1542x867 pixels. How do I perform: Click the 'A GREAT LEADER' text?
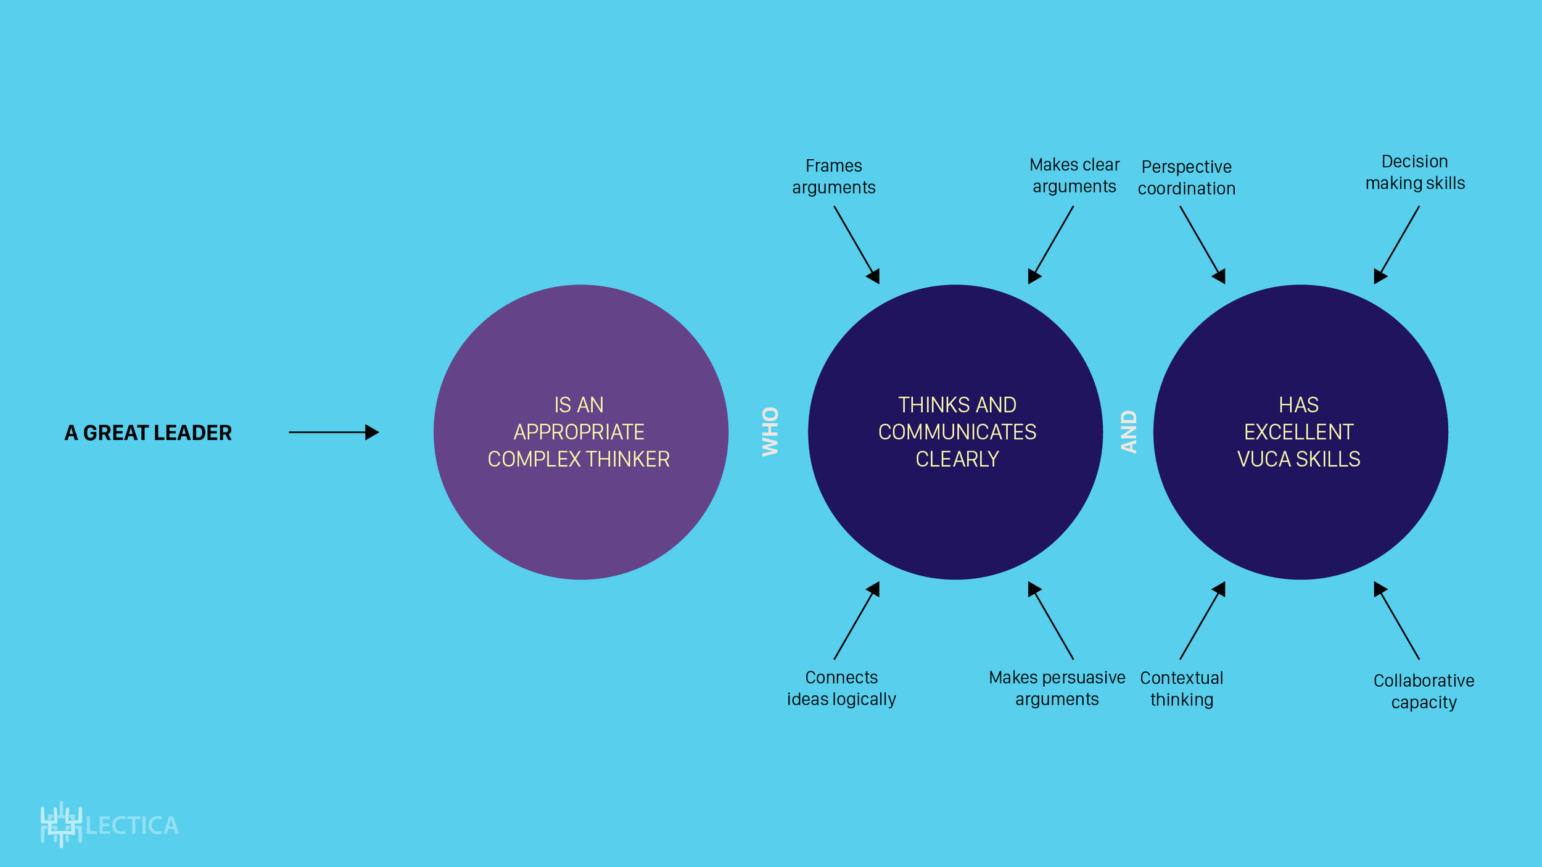pyautogui.click(x=148, y=433)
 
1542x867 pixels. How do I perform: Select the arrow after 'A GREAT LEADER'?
pyautogui.click(x=334, y=432)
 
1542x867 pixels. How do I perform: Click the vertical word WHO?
pyautogui.click(x=770, y=431)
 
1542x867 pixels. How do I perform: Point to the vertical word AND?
pyautogui.click(x=1129, y=431)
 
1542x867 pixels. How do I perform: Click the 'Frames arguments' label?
pyautogui.click(x=833, y=176)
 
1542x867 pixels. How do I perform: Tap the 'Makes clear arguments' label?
pyautogui.click(x=1074, y=175)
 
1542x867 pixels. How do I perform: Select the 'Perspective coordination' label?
pyautogui.click(x=1186, y=178)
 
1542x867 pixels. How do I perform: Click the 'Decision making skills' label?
pyautogui.click(x=1415, y=172)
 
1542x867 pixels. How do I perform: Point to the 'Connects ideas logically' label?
pyautogui.click(x=841, y=688)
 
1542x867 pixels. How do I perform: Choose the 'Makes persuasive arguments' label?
pyautogui.click(x=1057, y=688)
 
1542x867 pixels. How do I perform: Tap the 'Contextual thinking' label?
pyautogui.click(x=1181, y=689)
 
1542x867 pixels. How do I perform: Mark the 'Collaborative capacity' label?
pyautogui.click(x=1424, y=691)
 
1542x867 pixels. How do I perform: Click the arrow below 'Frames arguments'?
pyautogui.click(x=856, y=244)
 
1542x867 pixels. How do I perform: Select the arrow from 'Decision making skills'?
pyautogui.click(x=1397, y=244)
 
